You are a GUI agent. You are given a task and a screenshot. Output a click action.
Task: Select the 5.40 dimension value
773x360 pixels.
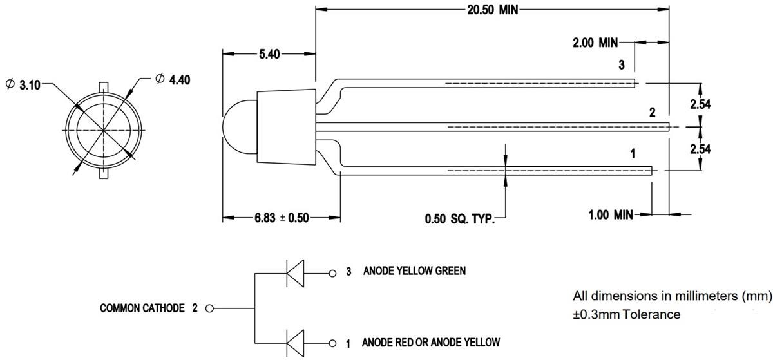coord(269,55)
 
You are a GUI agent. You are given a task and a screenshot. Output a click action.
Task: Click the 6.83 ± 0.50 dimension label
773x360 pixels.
coord(281,218)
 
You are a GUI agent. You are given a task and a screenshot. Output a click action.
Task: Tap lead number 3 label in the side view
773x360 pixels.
coord(621,64)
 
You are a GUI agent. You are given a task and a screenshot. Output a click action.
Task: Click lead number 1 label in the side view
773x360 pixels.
coord(633,154)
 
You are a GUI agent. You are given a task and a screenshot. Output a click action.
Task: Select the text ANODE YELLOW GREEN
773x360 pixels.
coord(415,271)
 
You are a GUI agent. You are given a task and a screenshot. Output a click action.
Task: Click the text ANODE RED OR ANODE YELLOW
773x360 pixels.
coord(430,343)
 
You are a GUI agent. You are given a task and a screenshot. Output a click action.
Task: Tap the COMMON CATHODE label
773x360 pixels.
coord(142,308)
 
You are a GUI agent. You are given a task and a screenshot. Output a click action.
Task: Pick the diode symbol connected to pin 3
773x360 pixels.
coord(295,272)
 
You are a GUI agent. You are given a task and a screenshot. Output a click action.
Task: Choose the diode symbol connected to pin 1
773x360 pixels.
coord(295,343)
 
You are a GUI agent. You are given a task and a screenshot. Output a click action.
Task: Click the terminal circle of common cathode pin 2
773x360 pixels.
coord(209,308)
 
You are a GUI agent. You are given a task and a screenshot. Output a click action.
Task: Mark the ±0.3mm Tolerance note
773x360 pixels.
coord(626,315)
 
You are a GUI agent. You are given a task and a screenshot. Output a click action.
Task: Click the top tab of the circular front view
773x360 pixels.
coord(103,86)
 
